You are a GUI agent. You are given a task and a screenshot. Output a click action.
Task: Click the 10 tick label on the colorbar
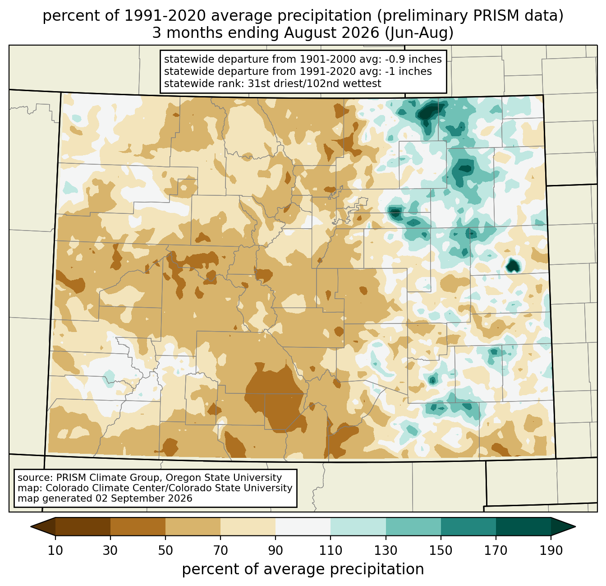[55, 550]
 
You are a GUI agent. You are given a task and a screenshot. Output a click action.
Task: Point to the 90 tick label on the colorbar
[275, 550]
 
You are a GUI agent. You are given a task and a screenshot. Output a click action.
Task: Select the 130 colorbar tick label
[386, 550]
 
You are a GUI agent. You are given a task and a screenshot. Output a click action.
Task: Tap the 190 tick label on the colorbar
[551, 550]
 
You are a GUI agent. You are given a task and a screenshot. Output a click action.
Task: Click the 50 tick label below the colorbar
[165, 550]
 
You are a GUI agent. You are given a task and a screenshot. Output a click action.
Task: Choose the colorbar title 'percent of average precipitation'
[303, 569]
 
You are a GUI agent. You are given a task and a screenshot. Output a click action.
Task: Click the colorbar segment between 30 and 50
[138, 526]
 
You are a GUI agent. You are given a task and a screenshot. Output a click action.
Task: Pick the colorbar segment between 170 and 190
[523, 526]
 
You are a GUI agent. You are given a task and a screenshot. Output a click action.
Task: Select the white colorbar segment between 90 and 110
[303, 526]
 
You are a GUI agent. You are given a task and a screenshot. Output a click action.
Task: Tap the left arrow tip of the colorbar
[31, 526]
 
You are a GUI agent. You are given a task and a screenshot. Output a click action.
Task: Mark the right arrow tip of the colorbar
[575, 526]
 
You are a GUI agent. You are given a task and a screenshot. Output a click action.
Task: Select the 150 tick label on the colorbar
[441, 550]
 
